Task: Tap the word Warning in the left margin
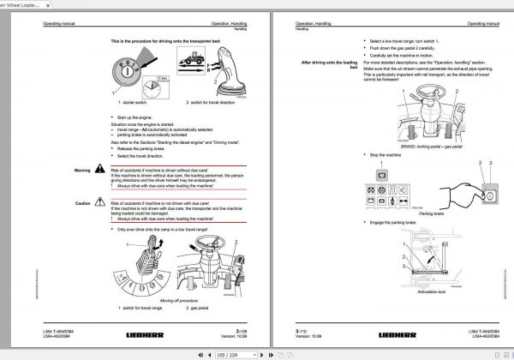[x=82, y=170]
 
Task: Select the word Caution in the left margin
[x=83, y=203]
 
